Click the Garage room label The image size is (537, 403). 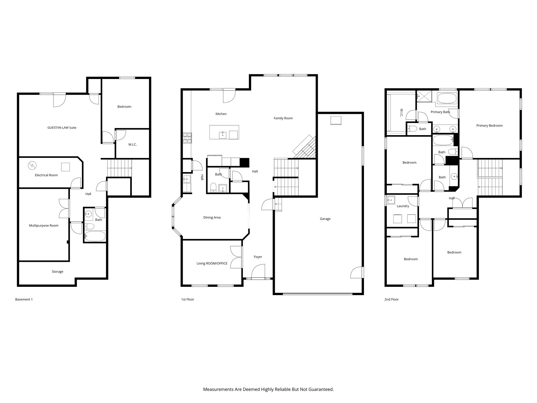325,219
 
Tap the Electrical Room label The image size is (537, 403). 46,175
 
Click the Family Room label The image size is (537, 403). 283,118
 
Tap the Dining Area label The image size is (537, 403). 212,218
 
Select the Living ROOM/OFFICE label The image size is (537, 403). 212,263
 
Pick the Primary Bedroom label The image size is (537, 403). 489,126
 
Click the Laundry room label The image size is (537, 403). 403,206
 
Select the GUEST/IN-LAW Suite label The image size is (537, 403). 62,128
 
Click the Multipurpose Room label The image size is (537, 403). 44,226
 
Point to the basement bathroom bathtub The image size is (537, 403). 95,236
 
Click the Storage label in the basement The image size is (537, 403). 57,272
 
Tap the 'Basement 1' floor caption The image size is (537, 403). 24,299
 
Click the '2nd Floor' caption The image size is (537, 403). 391,299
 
